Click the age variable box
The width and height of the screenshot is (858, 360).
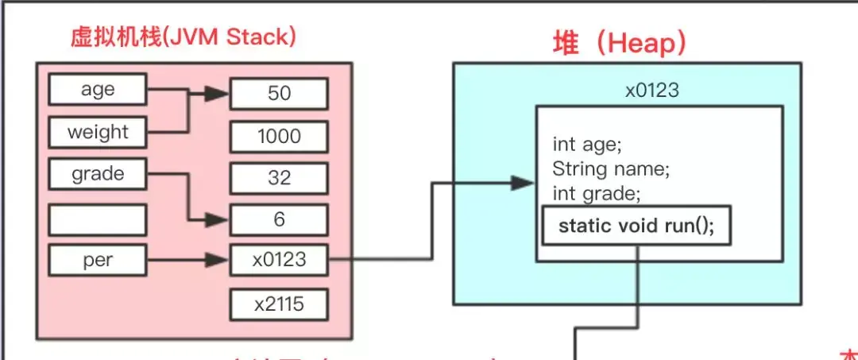pos(98,89)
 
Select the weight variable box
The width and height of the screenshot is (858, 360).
pos(98,132)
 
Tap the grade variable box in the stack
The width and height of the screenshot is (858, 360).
pos(98,174)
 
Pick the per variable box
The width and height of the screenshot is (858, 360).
pos(98,260)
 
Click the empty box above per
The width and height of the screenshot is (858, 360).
pos(98,219)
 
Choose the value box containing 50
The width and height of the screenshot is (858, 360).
pos(279,94)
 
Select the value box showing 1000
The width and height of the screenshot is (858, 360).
pos(279,136)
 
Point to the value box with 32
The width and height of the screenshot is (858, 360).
pos(279,177)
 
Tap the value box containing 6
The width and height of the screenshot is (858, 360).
pos(279,219)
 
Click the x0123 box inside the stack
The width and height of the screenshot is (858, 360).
pos(279,260)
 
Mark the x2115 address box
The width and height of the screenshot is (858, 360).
pos(279,304)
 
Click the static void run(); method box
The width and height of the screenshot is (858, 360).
pos(636,226)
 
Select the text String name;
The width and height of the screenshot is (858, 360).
pos(611,168)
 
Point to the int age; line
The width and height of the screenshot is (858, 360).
pos(587,145)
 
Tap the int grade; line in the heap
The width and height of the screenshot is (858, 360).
pos(596,192)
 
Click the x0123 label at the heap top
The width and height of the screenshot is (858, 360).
pos(651,90)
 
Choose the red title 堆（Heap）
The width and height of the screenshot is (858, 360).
pos(620,44)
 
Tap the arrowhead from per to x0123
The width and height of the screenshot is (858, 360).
pos(218,260)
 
